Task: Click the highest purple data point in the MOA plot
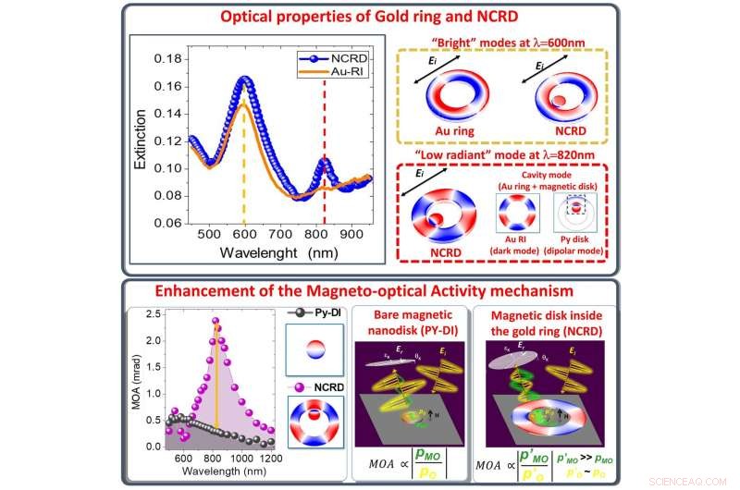tap(216, 322)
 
